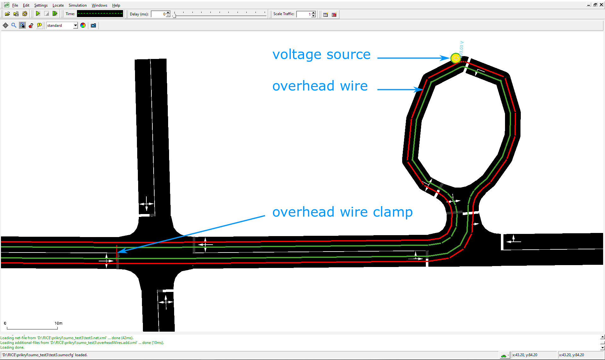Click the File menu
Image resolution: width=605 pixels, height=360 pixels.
click(x=15, y=5)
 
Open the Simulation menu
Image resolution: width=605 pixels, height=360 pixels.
click(x=78, y=5)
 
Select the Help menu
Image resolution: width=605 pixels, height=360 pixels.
click(x=116, y=5)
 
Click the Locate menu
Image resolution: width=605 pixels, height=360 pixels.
click(x=58, y=5)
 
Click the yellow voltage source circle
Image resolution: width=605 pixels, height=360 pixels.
click(x=455, y=58)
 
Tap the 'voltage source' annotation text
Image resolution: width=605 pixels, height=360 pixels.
click(x=321, y=55)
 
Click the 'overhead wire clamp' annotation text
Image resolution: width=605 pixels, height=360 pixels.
click(x=343, y=212)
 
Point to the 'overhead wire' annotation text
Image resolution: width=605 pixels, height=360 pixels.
click(x=320, y=86)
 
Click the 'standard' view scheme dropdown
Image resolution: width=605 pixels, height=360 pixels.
click(x=62, y=26)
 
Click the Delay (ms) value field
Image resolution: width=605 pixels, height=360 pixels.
click(x=159, y=14)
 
